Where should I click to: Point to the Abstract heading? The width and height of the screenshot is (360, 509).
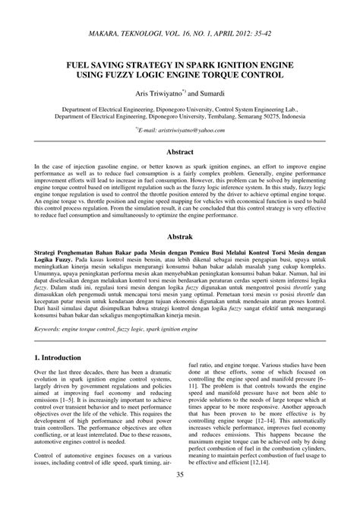[180, 152]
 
